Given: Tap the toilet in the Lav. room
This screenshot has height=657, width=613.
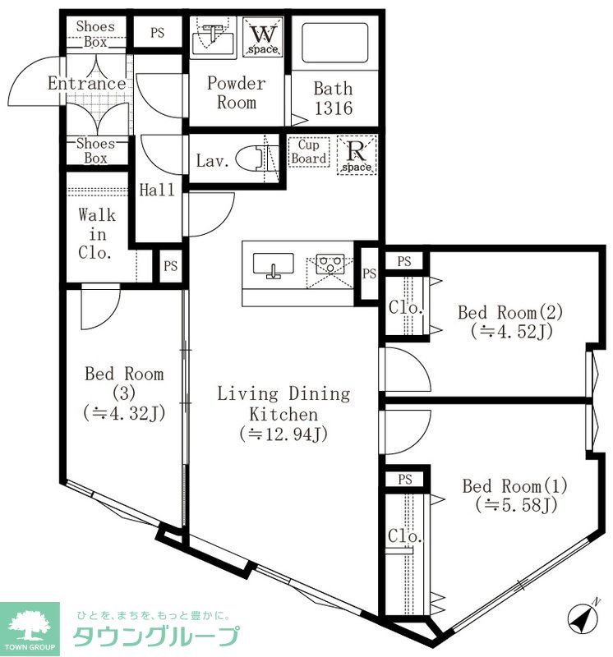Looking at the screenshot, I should click(254, 159).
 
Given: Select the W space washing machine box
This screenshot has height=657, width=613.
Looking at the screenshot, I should click(264, 38).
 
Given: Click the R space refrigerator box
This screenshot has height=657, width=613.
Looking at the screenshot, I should click(357, 154).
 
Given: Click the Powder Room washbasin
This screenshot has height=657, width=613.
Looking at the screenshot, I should click(213, 36).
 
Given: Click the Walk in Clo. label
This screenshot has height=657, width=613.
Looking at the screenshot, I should click(96, 234).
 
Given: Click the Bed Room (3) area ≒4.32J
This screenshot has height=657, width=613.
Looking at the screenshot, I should click(124, 413).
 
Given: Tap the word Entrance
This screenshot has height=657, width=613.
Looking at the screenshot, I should click(86, 84).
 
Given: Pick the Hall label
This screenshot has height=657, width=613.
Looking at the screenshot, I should click(156, 190).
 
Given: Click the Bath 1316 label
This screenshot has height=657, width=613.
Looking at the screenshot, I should click(333, 98).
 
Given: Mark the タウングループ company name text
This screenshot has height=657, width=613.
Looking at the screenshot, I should click(156, 636).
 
